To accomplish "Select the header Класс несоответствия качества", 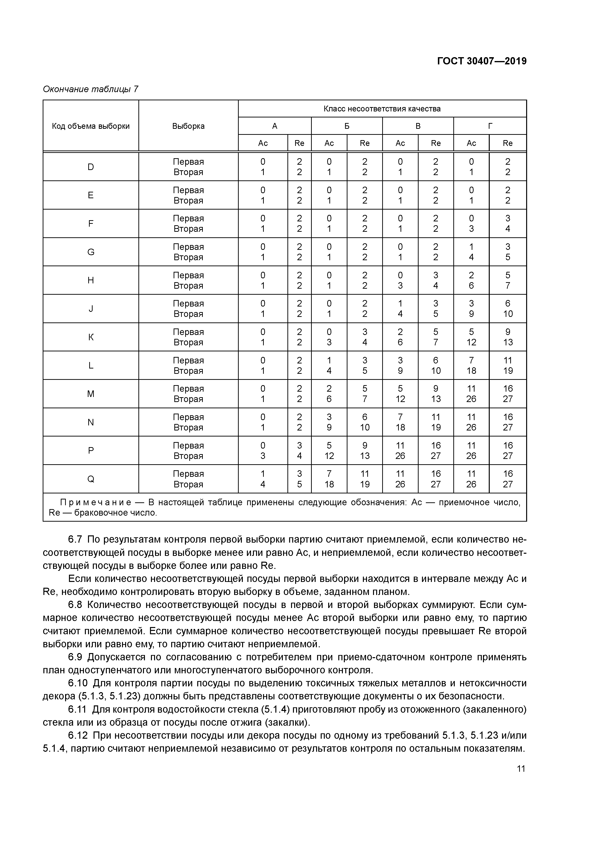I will pos(382,109).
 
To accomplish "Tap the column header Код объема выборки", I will pos(91,126).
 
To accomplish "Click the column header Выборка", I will pos(188,126).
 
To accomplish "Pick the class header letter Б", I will pos(347,126).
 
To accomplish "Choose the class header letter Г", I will pos(490,126).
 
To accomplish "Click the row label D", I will pos(91,167).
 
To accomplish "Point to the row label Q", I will pos(91,479).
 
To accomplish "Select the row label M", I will pos(91,394).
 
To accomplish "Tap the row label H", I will pos(91,280).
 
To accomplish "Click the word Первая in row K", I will pos(188,332).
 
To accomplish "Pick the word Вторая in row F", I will pos(188,229).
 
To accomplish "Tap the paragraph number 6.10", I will pos(78,683).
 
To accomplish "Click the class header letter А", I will pos(274,126).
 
